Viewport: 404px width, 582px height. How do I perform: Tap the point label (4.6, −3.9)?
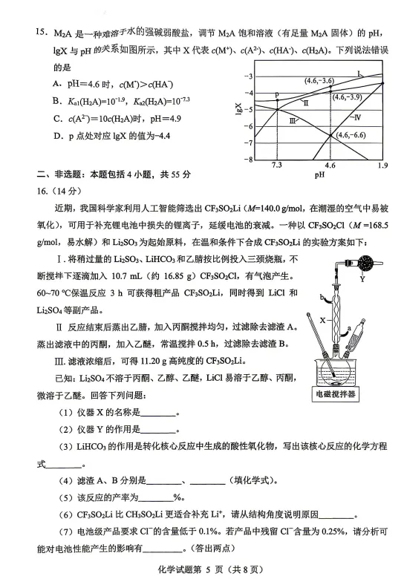[348, 97]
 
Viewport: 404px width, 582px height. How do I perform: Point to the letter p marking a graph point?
[276, 95]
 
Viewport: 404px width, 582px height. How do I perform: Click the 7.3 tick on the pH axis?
[277, 165]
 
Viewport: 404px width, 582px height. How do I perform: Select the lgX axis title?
[239, 111]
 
